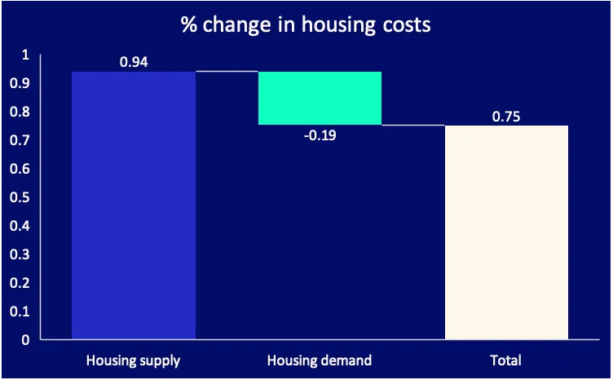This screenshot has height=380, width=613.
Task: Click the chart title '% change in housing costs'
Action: [306, 24]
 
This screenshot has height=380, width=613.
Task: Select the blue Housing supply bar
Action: [134, 204]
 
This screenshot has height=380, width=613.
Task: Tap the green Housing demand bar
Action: [320, 98]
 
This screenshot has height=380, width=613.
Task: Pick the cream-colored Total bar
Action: [506, 232]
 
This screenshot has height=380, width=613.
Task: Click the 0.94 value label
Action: [134, 62]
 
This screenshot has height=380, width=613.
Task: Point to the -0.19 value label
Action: [320, 135]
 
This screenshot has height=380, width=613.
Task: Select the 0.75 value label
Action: [506, 116]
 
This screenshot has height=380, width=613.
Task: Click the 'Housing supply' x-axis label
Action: [134, 360]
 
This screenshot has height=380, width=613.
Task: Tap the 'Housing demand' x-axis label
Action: [320, 360]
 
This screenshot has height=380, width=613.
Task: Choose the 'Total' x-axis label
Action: [506, 360]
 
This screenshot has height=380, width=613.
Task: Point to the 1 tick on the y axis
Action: [24, 55]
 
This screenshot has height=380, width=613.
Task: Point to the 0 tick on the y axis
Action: [24, 339]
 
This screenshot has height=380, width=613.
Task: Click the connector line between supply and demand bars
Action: [227, 72]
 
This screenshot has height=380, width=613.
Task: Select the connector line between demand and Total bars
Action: [413, 125]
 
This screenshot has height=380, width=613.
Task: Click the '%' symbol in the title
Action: [188, 24]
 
